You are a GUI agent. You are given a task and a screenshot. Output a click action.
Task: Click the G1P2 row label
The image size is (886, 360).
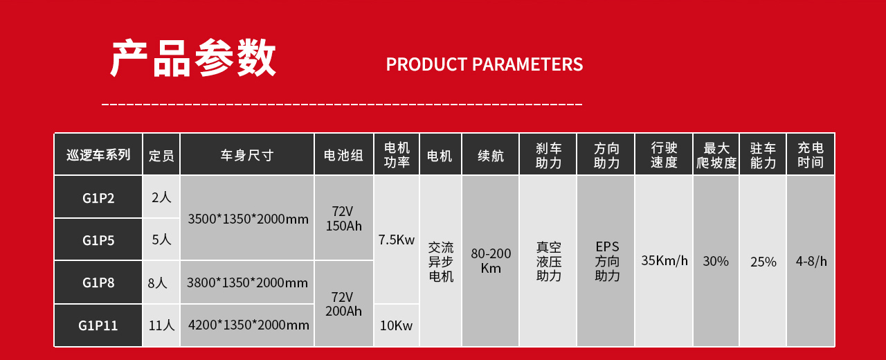coord(98,197)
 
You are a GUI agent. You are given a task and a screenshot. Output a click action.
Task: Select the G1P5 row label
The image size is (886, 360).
coord(98,240)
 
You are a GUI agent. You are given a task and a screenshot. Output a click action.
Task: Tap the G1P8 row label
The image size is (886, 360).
coord(98,282)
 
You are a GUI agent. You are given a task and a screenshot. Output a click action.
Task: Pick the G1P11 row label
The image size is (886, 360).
coord(98,325)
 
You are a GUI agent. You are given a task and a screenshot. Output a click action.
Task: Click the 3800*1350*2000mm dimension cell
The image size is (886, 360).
coord(247,282)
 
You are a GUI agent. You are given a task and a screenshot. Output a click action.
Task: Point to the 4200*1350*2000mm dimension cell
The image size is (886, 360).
coord(248,325)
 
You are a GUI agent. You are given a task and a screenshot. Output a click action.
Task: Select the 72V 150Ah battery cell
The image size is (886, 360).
coord(343,218)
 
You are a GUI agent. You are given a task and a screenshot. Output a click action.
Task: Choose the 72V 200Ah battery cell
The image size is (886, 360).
coord(343,304)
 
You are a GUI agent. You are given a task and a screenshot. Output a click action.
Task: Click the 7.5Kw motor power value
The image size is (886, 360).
coord(397,240)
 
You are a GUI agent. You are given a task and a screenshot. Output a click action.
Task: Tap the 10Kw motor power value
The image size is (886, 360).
coord(396,325)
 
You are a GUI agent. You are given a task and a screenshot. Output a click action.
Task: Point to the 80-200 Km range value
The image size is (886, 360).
coord(491,261)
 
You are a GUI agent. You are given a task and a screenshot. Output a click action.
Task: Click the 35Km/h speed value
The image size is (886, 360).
coord(664,260)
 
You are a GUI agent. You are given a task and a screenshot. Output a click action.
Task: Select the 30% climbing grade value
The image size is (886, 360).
coord(716,261)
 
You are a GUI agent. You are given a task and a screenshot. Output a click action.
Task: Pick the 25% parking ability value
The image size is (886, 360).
coord(763,262)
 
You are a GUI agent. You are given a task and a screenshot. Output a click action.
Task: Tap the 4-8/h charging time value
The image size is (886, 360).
coord(811,261)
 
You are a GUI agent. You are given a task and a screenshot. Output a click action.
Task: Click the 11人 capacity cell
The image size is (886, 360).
coord(161,325)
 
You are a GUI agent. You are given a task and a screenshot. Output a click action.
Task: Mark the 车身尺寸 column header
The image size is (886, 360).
coord(247,155)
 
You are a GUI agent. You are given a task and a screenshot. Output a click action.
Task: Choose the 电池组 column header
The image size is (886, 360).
coord(343,155)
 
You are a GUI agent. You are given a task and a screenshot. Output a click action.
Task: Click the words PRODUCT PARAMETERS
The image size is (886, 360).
coord(484,64)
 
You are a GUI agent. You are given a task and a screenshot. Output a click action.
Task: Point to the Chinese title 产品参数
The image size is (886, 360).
coord(193,57)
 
